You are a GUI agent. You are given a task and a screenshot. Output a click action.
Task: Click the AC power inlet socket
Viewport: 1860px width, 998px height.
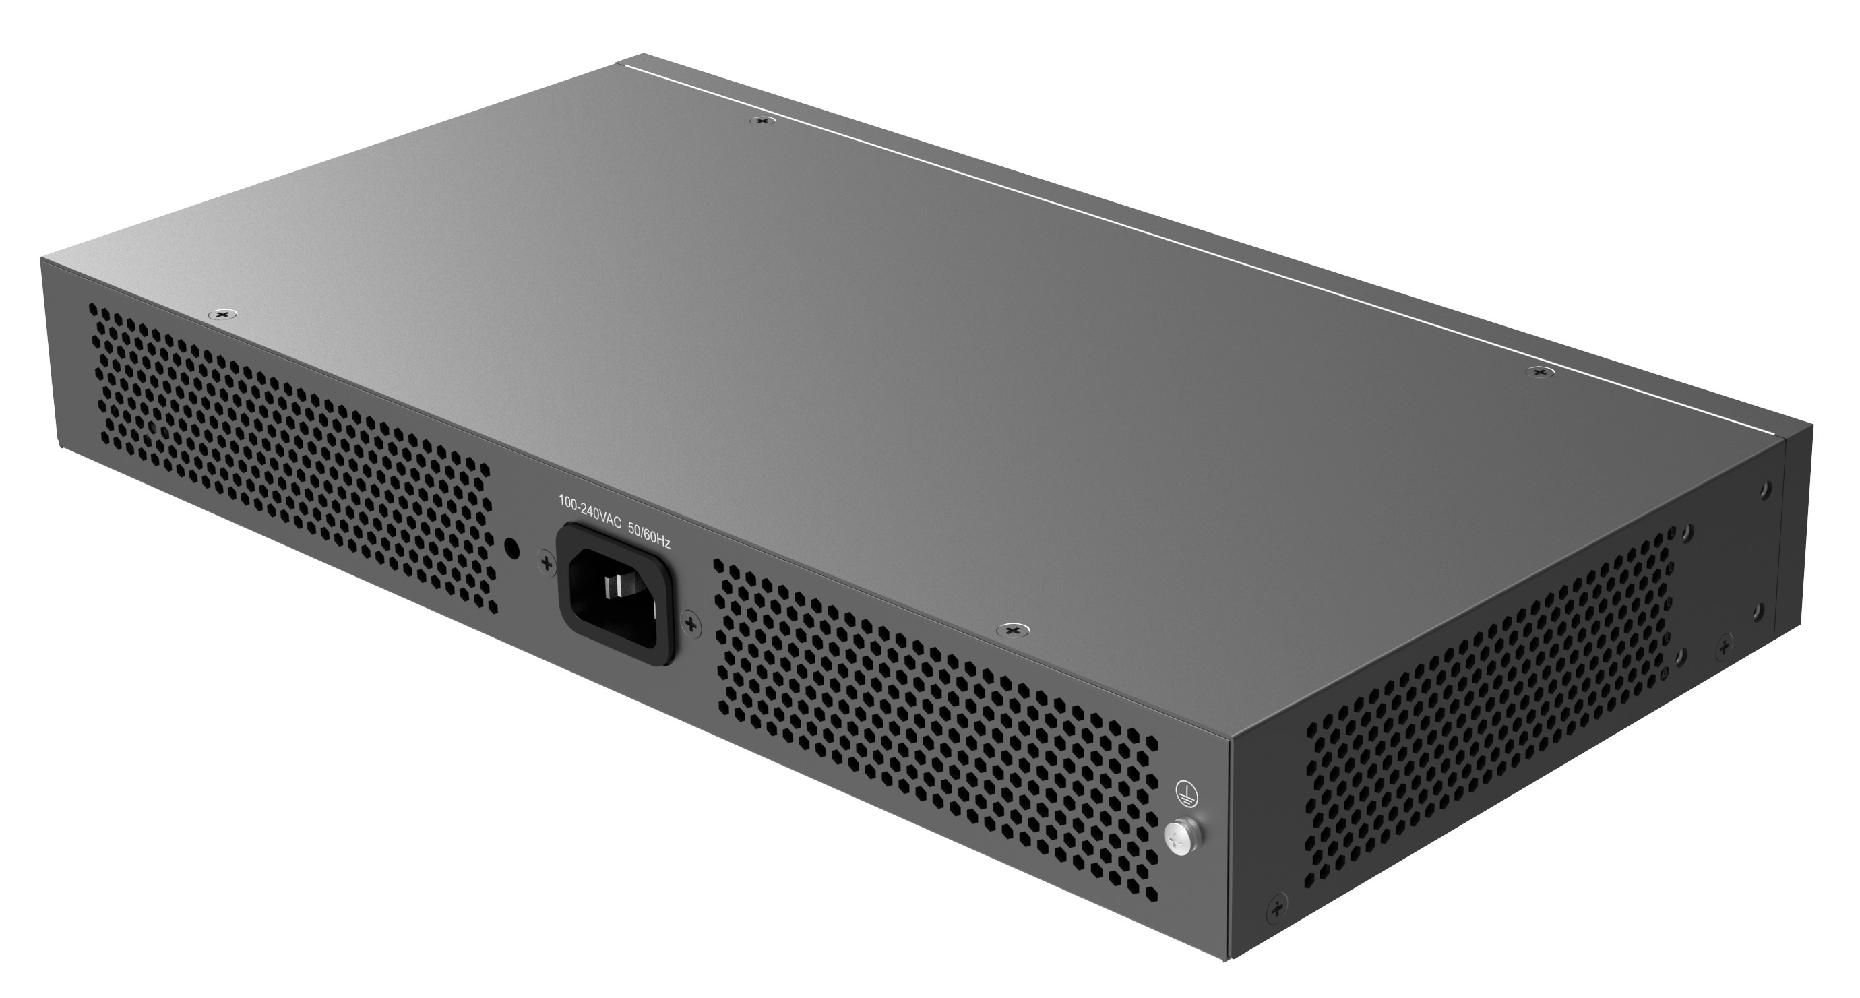616,594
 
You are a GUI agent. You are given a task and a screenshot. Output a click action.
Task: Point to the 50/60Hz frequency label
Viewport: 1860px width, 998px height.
649,534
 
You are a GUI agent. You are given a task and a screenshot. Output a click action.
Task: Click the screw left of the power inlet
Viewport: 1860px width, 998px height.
547,563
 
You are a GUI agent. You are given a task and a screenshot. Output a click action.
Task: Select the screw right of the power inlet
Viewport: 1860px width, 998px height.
691,623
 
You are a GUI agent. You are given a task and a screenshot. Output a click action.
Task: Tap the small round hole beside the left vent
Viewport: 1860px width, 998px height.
512,547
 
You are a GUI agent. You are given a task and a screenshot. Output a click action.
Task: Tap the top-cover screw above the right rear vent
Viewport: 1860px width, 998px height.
1013,631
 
